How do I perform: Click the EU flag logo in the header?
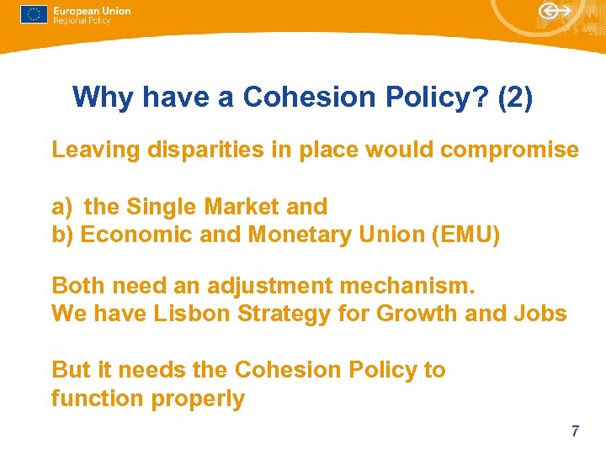coord(34,14)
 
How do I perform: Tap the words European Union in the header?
coord(91,11)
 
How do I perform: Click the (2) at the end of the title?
coord(515,98)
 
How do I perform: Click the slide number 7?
coord(575,432)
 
